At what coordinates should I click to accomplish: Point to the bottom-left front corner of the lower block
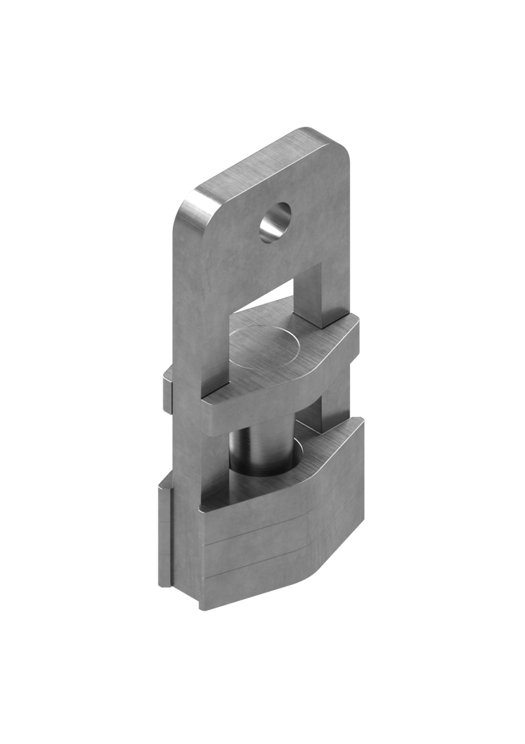pos(201,606)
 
